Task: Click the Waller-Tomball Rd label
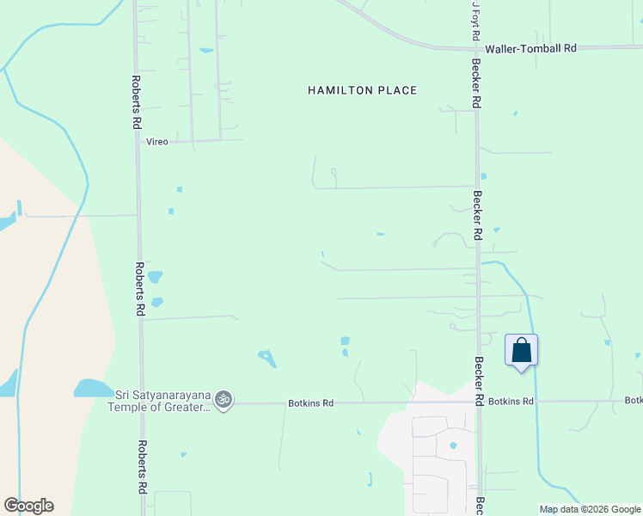530,49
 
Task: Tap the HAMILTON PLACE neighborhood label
362,90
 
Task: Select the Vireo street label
156,141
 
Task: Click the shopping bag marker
521,351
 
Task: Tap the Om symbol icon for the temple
224,399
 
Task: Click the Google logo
28,506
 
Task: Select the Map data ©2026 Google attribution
591,509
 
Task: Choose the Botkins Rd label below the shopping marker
511,402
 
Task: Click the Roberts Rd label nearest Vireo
136,102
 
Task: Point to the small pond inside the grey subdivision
453,445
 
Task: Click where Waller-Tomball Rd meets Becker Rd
475,48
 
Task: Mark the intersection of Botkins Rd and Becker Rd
479,402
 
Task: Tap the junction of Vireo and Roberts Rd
138,141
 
